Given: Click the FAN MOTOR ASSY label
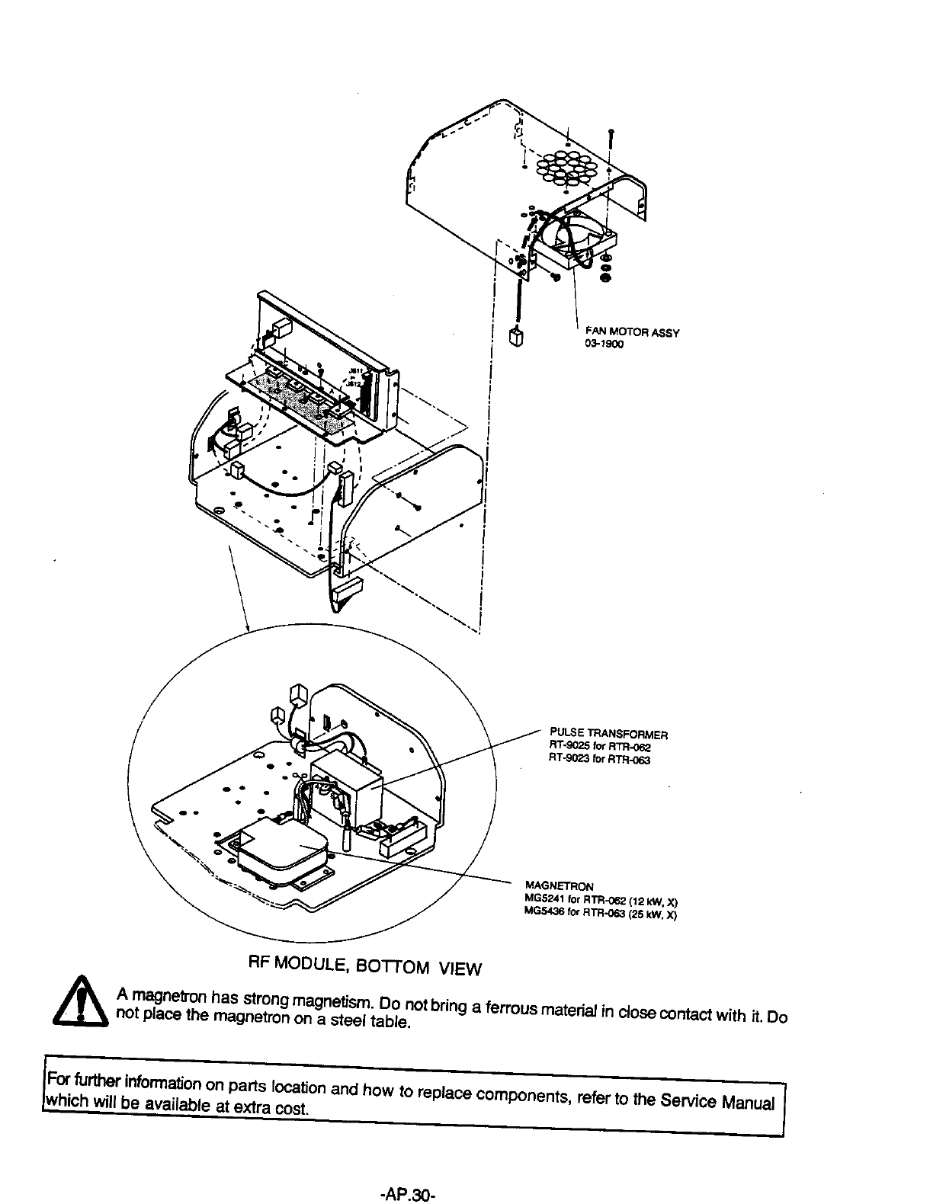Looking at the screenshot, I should coord(631,332).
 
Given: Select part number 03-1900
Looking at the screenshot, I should coord(604,344).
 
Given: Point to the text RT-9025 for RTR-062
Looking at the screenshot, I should coord(598,748).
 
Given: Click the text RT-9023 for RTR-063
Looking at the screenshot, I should coord(599,759).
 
